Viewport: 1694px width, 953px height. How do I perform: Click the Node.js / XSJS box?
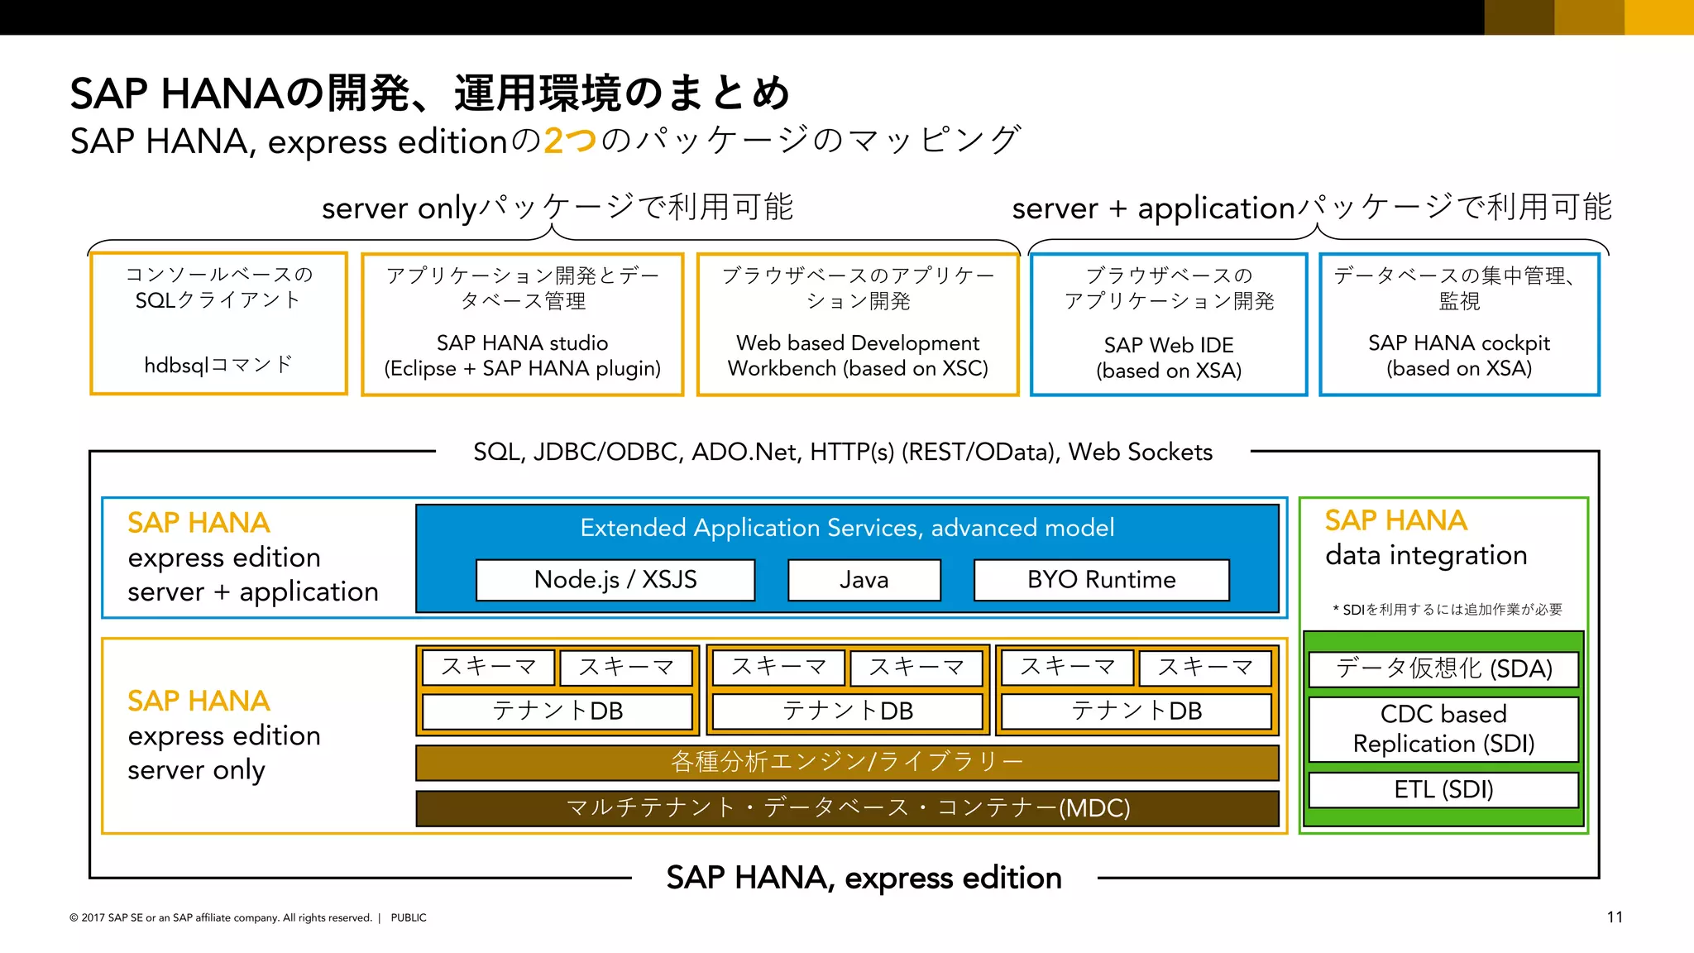(x=615, y=580)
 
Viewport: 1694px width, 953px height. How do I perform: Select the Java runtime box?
(x=864, y=580)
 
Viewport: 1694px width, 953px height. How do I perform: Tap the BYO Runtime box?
(x=1101, y=580)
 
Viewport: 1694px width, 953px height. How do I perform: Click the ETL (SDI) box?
(x=1443, y=789)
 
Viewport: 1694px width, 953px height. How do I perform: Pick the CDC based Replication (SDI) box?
(x=1443, y=729)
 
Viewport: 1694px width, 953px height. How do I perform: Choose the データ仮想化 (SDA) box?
(x=1443, y=668)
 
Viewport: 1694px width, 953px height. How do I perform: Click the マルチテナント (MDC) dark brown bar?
(x=847, y=807)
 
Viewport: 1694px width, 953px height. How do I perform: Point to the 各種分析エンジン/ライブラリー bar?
(x=847, y=762)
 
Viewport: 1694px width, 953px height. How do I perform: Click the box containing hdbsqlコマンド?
(x=218, y=324)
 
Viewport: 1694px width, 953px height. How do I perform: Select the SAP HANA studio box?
(x=523, y=324)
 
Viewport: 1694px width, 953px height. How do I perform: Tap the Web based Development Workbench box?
(x=858, y=324)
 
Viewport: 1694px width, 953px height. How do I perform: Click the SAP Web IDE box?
(x=1169, y=324)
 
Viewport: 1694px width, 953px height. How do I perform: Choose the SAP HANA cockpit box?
(x=1459, y=324)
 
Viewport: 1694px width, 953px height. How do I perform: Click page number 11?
(x=1615, y=917)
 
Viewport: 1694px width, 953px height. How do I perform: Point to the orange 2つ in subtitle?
(x=570, y=141)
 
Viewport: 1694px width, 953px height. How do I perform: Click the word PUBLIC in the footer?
(x=409, y=917)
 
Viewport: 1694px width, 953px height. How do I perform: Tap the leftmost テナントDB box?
(x=557, y=711)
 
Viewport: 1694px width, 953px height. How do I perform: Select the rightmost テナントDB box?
(x=1137, y=711)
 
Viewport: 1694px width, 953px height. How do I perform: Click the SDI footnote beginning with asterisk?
(x=1448, y=610)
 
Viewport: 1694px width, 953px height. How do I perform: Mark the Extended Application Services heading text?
(x=847, y=528)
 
